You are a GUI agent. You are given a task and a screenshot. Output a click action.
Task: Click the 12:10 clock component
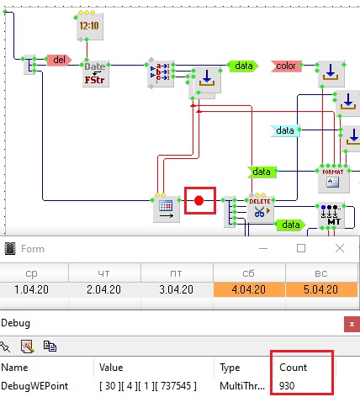(90, 26)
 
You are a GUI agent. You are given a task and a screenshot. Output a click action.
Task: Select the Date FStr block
(96, 74)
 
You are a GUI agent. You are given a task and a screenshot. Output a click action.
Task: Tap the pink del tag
(59, 60)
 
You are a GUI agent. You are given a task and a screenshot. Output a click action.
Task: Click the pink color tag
(286, 66)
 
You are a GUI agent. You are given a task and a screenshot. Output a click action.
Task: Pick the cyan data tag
(285, 130)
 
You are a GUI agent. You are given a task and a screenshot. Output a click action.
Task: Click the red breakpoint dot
(199, 201)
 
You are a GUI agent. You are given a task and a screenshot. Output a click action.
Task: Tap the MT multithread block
(331, 215)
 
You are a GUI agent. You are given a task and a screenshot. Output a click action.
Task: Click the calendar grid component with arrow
(167, 209)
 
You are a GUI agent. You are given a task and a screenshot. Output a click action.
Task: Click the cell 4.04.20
(249, 289)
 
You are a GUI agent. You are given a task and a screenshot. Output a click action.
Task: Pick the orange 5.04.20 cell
(321, 289)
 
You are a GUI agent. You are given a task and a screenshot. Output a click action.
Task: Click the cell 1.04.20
(32, 289)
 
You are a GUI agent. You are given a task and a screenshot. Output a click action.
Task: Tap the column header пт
(177, 273)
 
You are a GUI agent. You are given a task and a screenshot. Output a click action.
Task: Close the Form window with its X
(340, 248)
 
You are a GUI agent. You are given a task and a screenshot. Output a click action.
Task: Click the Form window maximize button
(301, 248)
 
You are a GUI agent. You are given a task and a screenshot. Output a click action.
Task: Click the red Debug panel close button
(352, 325)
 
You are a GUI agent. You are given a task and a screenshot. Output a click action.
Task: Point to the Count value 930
(287, 386)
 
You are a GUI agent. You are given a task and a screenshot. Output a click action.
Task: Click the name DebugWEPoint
(34, 386)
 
